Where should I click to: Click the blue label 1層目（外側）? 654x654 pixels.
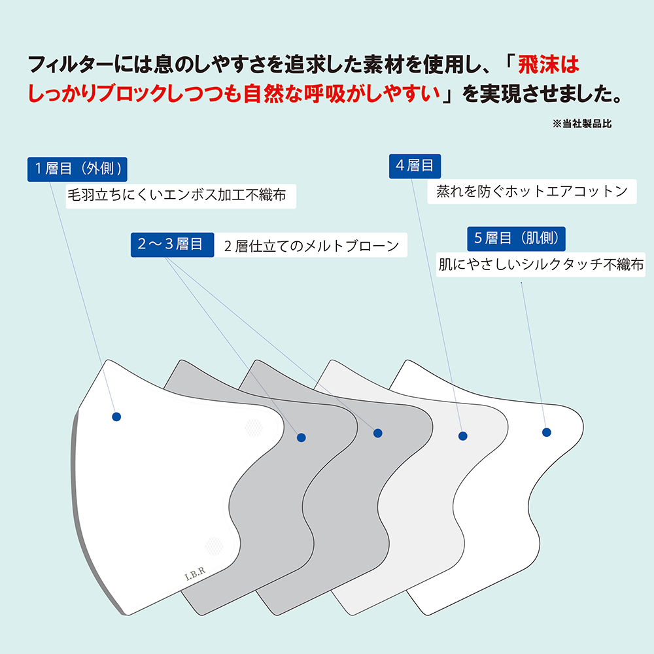click(x=77, y=169)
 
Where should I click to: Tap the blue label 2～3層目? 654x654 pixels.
click(x=172, y=245)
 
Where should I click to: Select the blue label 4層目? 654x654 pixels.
click(x=415, y=165)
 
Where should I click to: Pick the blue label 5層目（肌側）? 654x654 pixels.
click(x=516, y=238)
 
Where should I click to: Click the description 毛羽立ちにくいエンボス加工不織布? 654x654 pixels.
click(x=177, y=195)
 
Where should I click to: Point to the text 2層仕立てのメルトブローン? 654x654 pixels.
click(x=311, y=246)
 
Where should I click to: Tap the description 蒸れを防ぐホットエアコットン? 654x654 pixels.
click(x=532, y=191)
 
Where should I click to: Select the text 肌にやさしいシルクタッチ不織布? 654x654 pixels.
click(x=541, y=264)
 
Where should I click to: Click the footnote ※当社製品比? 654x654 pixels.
click(x=582, y=123)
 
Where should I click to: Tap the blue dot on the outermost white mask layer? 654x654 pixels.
click(x=116, y=417)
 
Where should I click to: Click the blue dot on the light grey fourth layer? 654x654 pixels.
click(x=463, y=436)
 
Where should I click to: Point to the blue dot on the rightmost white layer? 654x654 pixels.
click(x=547, y=432)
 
